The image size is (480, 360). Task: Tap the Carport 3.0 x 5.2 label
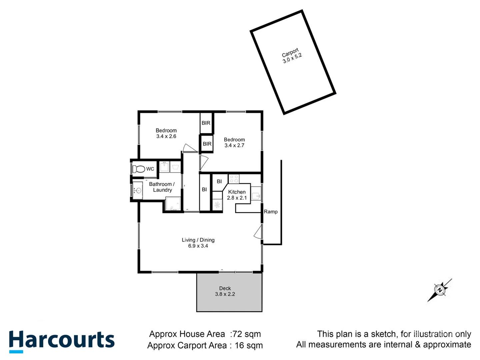292,56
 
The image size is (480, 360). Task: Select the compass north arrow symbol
440,290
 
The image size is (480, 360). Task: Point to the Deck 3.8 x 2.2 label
225,291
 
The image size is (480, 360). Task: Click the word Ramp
271,212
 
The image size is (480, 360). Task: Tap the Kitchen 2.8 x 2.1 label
237,195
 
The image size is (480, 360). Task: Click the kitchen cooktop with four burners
234,179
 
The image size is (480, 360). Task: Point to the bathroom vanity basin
138,191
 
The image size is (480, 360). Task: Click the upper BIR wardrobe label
206,123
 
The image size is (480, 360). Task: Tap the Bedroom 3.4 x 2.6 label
166,133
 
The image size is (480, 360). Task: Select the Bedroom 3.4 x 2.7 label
234,142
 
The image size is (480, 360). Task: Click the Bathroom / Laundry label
162,187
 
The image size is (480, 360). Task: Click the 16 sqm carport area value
249,345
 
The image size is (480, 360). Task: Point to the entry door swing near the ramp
258,232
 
